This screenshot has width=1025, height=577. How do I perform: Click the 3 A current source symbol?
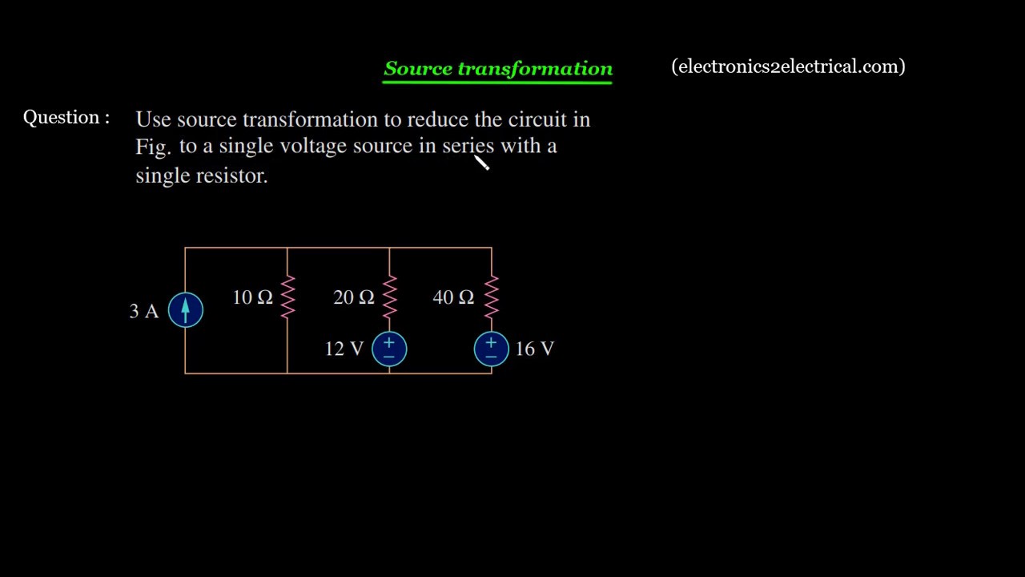185,310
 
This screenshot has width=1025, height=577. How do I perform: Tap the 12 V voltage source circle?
389,349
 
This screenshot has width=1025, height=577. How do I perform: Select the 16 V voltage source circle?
492,349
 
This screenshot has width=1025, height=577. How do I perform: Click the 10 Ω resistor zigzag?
287,297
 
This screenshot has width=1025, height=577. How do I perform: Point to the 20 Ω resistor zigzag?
390,297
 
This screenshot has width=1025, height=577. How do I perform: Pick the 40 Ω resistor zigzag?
492,297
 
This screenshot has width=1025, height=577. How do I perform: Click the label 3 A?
143,312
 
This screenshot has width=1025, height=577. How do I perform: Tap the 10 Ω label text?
252,297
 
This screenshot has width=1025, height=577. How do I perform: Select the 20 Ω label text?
354,297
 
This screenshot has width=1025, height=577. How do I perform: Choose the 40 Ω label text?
453,297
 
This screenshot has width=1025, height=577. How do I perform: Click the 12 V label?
344,349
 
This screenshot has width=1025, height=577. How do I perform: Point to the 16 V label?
534,349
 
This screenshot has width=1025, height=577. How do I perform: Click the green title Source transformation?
498,69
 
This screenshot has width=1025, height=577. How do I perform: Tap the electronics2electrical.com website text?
789,67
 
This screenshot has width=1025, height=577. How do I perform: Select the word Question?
62,118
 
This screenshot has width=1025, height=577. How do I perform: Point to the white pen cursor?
481,162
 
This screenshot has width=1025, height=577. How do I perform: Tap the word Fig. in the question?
153,147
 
